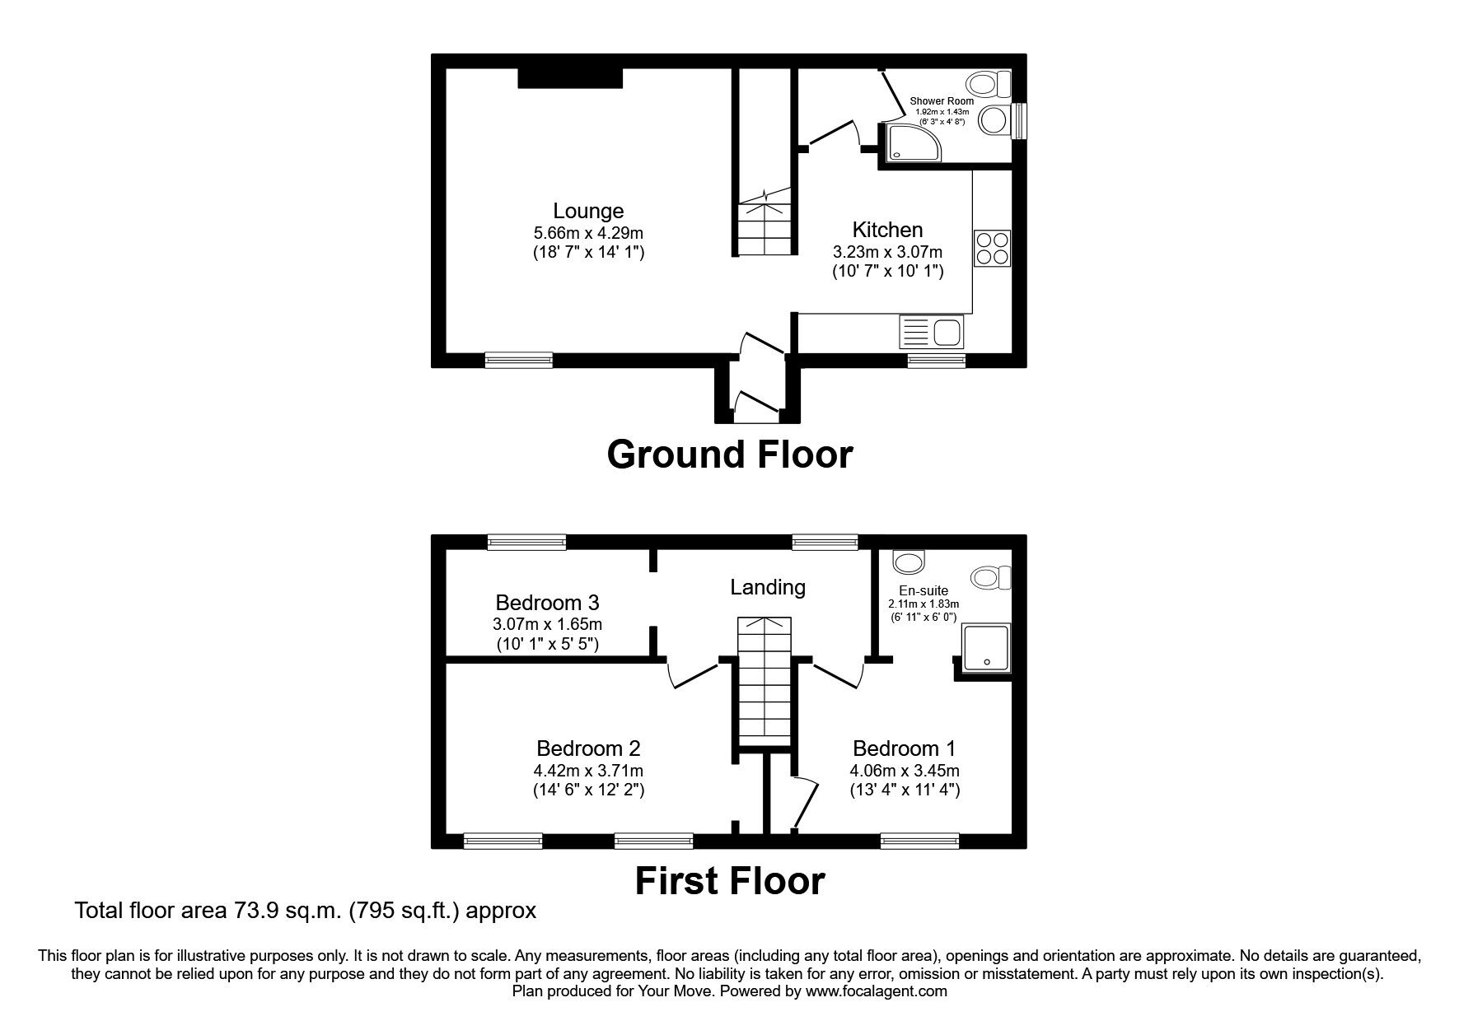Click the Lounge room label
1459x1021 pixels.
coord(588,212)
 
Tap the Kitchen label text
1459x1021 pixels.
coord(887,230)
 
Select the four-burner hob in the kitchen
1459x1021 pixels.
coord(992,248)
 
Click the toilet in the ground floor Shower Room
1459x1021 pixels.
coord(989,82)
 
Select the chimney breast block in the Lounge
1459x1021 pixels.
coord(570,77)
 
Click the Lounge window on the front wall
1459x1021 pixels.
coord(518,360)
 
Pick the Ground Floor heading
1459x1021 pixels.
coord(730,455)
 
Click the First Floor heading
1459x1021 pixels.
coord(730,881)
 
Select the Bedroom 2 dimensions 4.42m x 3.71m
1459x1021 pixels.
coord(588,772)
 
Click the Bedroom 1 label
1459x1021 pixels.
coord(905,748)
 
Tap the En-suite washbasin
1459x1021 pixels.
coord(909,562)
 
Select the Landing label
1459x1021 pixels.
coord(768,587)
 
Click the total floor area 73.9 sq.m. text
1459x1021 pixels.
coord(305,911)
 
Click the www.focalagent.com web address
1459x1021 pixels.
coord(877,991)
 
